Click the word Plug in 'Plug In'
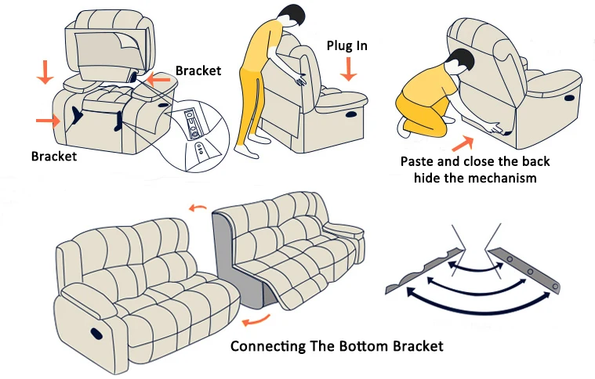coord(339,46)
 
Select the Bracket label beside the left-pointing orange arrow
coord(198,70)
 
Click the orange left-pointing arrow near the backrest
coord(158,80)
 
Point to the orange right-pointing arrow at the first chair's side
coord(46,120)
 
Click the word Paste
coord(418,162)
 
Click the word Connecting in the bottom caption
coord(269,347)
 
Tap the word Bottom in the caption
coord(363,347)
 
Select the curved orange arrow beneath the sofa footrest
coord(256,320)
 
